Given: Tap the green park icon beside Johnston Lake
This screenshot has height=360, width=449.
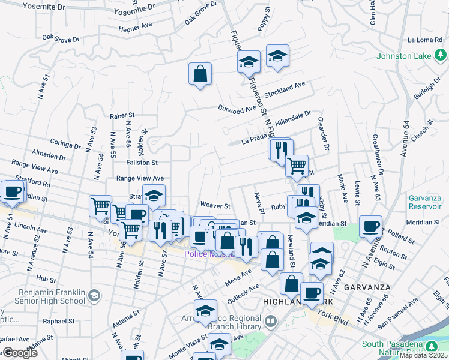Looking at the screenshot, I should tap(441, 56).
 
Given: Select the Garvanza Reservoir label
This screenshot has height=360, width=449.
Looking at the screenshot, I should tap(425, 202).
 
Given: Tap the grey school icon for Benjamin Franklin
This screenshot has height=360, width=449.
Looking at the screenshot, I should tap(94, 295).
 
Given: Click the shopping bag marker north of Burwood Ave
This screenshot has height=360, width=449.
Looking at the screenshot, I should tap(200, 74).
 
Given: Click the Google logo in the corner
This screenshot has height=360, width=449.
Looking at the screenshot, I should tap(20, 353).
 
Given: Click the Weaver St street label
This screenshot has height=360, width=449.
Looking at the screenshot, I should tap(215, 206).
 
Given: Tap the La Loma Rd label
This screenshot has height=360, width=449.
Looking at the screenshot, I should tap(424, 40).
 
